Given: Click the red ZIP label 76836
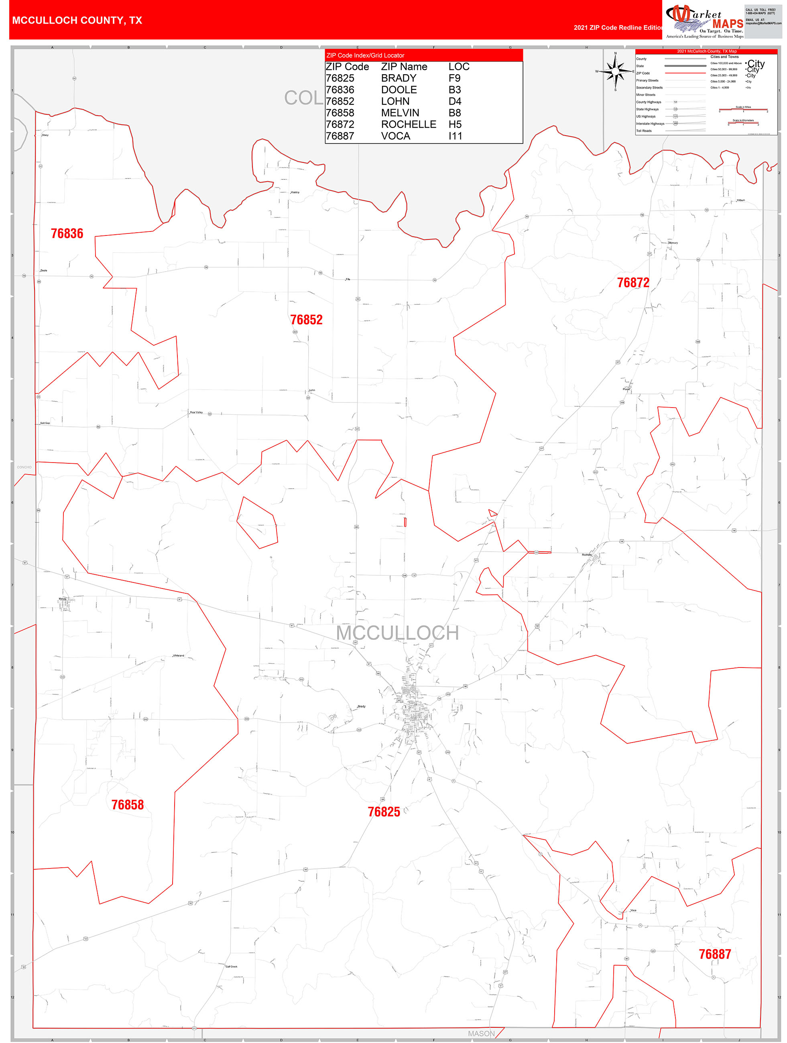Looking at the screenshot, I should [x=67, y=233].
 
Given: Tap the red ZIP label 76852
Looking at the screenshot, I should [x=306, y=320].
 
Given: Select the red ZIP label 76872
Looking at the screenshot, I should [x=633, y=282].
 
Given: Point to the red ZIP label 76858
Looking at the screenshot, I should [x=127, y=804].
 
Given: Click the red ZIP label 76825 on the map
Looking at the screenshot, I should [x=384, y=812].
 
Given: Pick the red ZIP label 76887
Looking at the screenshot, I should [x=714, y=954].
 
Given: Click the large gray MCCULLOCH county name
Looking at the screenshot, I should [x=397, y=633].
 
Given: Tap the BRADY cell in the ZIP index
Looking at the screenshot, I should [x=399, y=78].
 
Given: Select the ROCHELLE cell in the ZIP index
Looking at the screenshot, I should [x=409, y=124].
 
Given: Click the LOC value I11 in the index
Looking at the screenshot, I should [x=456, y=136].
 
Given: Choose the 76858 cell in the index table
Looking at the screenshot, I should [x=340, y=113].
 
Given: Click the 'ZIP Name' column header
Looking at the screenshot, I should [x=404, y=67].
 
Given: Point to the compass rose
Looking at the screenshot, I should [x=615, y=71].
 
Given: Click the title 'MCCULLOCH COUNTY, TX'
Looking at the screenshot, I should [x=77, y=20].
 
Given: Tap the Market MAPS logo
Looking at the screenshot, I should [x=704, y=21].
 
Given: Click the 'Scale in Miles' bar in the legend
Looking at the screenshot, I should [x=743, y=110].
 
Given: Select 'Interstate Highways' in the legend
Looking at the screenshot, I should [x=650, y=124].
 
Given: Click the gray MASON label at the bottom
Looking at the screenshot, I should [x=481, y=1033].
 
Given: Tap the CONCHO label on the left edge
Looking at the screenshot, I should [x=24, y=467].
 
